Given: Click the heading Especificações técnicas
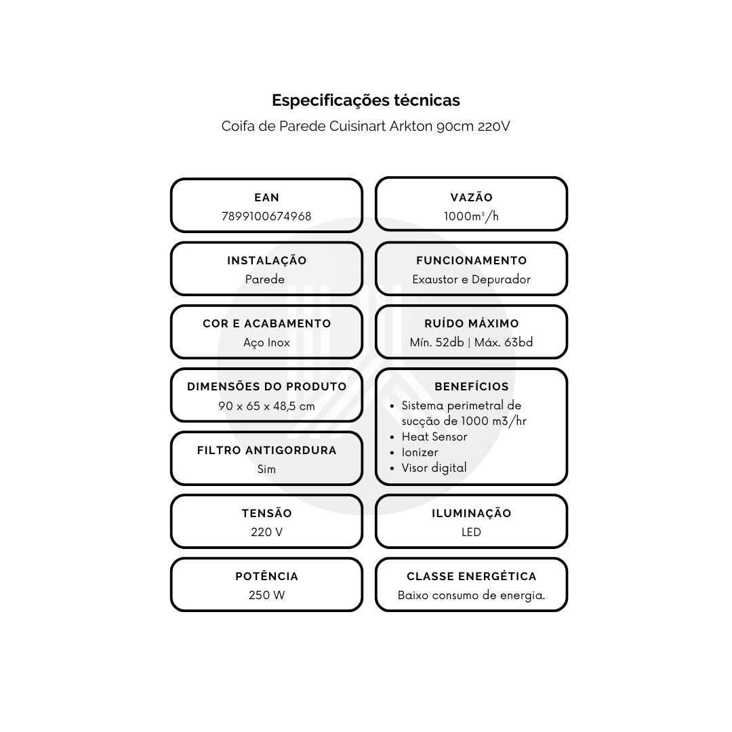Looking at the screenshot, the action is click(x=365, y=100).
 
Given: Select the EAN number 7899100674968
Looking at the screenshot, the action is click(x=266, y=216).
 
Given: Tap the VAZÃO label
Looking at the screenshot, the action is click(x=472, y=197).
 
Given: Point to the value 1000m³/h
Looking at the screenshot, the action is click(x=471, y=216).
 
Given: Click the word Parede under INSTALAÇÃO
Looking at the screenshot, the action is click(x=265, y=279).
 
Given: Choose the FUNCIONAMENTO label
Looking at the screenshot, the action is click(x=472, y=260).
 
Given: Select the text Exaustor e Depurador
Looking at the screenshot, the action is click(x=472, y=279).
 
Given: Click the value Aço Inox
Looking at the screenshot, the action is click(x=266, y=343).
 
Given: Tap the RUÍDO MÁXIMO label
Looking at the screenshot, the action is click(x=472, y=323).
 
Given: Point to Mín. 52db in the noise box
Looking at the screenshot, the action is click(x=437, y=342).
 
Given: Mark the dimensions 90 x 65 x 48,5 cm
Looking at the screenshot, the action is click(x=266, y=406).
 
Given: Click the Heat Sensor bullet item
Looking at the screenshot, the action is click(x=434, y=436).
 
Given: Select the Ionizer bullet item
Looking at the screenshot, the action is click(x=420, y=452).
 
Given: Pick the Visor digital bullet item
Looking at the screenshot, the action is click(x=434, y=468).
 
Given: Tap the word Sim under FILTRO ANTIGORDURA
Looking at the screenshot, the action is click(x=266, y=469).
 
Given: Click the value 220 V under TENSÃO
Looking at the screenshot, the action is click(x=266, y=532).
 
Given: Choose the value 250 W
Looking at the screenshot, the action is click(x=266, y=595).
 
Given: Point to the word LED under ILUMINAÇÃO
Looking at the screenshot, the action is click(x=471, y=532).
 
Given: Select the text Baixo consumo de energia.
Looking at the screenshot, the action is click(x=472, y=595).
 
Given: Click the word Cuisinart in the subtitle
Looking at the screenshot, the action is click(x=358, y=126).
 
